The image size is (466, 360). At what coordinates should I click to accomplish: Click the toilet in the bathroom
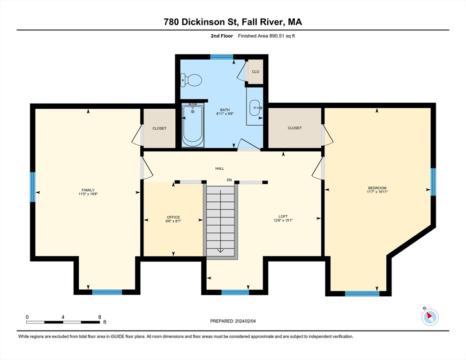coord(191,81)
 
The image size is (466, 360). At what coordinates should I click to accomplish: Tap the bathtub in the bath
coord(192,125)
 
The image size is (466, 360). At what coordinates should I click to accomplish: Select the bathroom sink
coord(256,108)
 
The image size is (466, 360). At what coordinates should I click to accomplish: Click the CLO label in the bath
coord(256,72)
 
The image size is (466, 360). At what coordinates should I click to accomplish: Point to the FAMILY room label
coord(88,190)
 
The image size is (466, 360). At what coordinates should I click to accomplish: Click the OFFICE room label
coord(173,217)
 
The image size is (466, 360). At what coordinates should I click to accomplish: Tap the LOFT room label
coord(283,217)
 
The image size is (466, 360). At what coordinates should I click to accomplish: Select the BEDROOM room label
coord(377,187)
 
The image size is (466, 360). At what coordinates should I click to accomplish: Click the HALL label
coord(220,168)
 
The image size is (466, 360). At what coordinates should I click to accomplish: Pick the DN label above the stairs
coord(229,180)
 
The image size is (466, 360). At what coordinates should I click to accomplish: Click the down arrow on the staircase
coord(220,250)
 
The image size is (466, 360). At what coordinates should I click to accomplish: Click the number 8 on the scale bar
coord(99,317)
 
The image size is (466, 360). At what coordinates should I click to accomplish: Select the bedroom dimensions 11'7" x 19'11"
coord(377,191)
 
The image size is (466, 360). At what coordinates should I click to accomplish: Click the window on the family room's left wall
coord(33,187)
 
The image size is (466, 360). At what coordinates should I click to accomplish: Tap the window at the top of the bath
coord(222,57)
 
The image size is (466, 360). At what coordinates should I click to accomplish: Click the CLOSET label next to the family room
coord(159,128)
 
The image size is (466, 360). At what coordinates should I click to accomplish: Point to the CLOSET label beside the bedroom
coord(294,128)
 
